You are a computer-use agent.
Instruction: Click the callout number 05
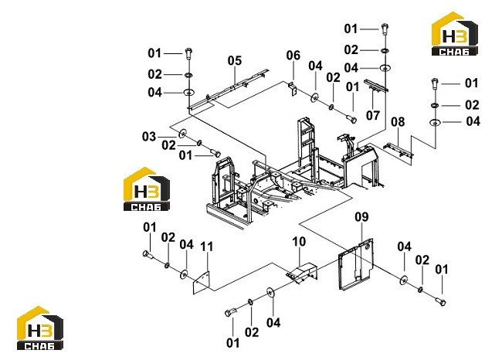[x=235, y=60]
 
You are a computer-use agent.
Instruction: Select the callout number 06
[x=293, y=56]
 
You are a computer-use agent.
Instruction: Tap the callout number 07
[x=373, y=115]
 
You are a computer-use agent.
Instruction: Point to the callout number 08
[x=398, y=122]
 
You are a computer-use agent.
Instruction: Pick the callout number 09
[x=361, y=217]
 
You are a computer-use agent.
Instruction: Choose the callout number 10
[x=299, y=242]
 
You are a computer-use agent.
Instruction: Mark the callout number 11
[x=206, y=246]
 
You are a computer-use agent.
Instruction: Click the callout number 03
[x=149, y=137]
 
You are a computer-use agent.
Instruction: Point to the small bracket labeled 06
[x=293, y=88]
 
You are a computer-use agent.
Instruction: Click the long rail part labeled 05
[x=229, y=89]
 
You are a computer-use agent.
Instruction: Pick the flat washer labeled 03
[x=183, y=133]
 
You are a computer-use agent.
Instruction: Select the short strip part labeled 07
[x=376, y=85]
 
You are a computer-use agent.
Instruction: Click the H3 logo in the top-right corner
[x=455, y=34]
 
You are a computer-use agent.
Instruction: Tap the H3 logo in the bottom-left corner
[x=40, y=328]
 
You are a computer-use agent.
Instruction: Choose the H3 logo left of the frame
[x=147, y=189]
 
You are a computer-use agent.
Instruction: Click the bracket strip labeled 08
[x=399, y=150]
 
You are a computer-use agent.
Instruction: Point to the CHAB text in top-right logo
[x=454, y=52]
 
